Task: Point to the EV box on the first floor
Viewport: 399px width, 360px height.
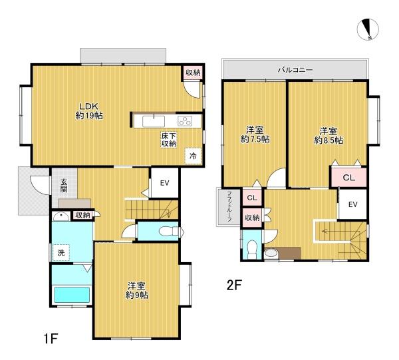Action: (x=164, y=182)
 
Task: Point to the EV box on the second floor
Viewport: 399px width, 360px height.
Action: (x=353, y=204)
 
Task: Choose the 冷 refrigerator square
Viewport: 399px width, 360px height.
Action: (x=193, y=155)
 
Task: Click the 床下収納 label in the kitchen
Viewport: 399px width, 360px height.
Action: (x=168, y=140)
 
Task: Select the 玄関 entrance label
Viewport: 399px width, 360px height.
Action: (x=63, y=185)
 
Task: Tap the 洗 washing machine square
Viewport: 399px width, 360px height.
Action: (x=60, y=252)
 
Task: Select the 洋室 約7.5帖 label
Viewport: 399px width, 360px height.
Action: (x=255, y=134)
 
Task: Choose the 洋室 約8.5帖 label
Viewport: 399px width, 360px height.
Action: (x=328, y=134)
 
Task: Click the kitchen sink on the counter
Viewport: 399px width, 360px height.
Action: (x=154, y=120)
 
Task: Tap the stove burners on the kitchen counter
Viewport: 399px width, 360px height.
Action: (x=184, y=120)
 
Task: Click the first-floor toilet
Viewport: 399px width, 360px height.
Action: (x=170, y=232)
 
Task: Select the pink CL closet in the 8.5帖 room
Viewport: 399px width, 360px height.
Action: (x=348, y=178)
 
